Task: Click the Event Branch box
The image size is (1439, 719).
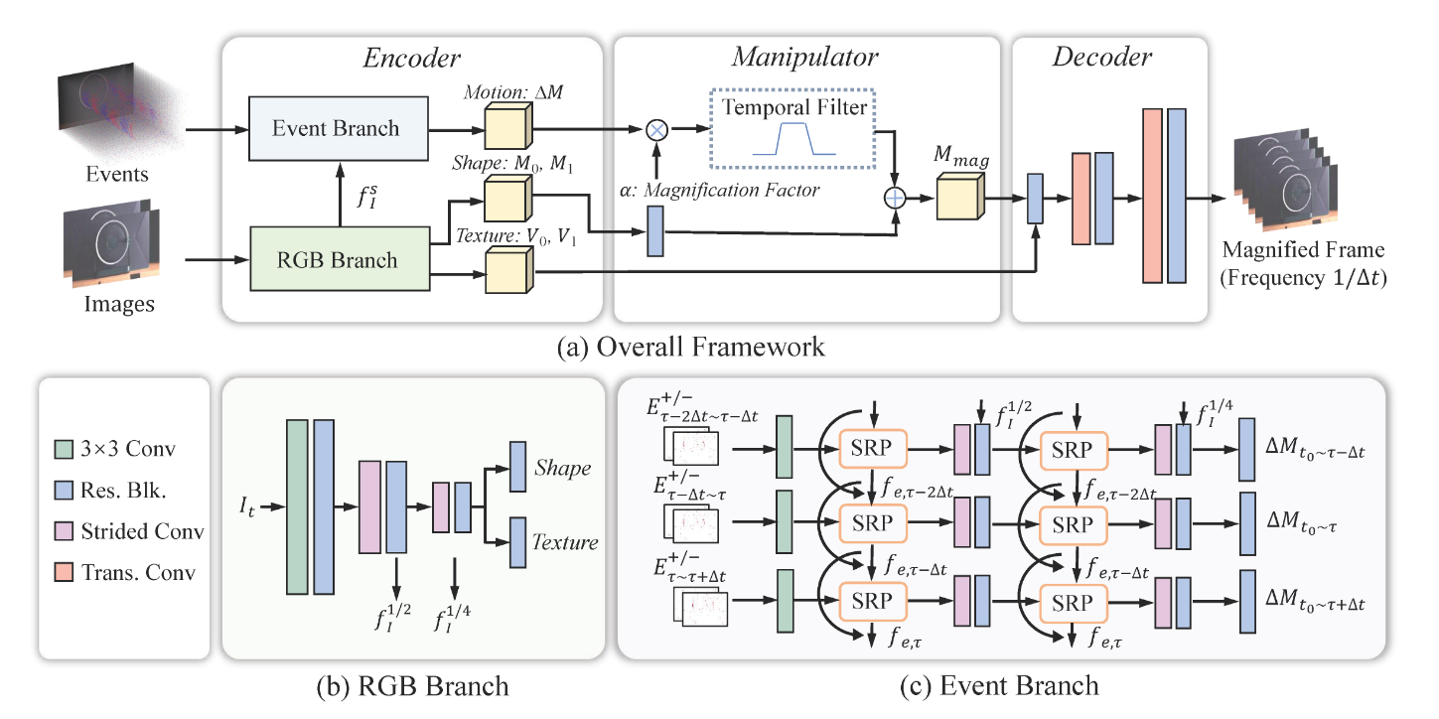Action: [335, 128]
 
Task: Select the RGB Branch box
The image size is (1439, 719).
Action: [335, 261]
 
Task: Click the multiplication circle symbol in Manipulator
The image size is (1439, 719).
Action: [655, 129]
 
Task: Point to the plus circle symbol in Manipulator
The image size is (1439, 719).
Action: [896, 199]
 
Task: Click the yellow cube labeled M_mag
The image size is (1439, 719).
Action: [959, 196]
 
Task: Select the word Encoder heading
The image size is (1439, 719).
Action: [414, 58]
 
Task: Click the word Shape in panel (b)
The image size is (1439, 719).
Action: [562, 467]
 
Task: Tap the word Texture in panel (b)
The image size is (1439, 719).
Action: [565, 542]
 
